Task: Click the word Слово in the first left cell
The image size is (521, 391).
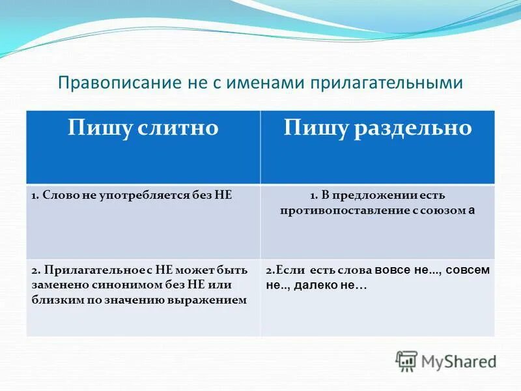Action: [x=57, y=195]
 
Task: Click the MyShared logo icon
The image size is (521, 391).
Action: [x=406, y=360]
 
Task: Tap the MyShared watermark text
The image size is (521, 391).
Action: [x=458, y=361]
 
